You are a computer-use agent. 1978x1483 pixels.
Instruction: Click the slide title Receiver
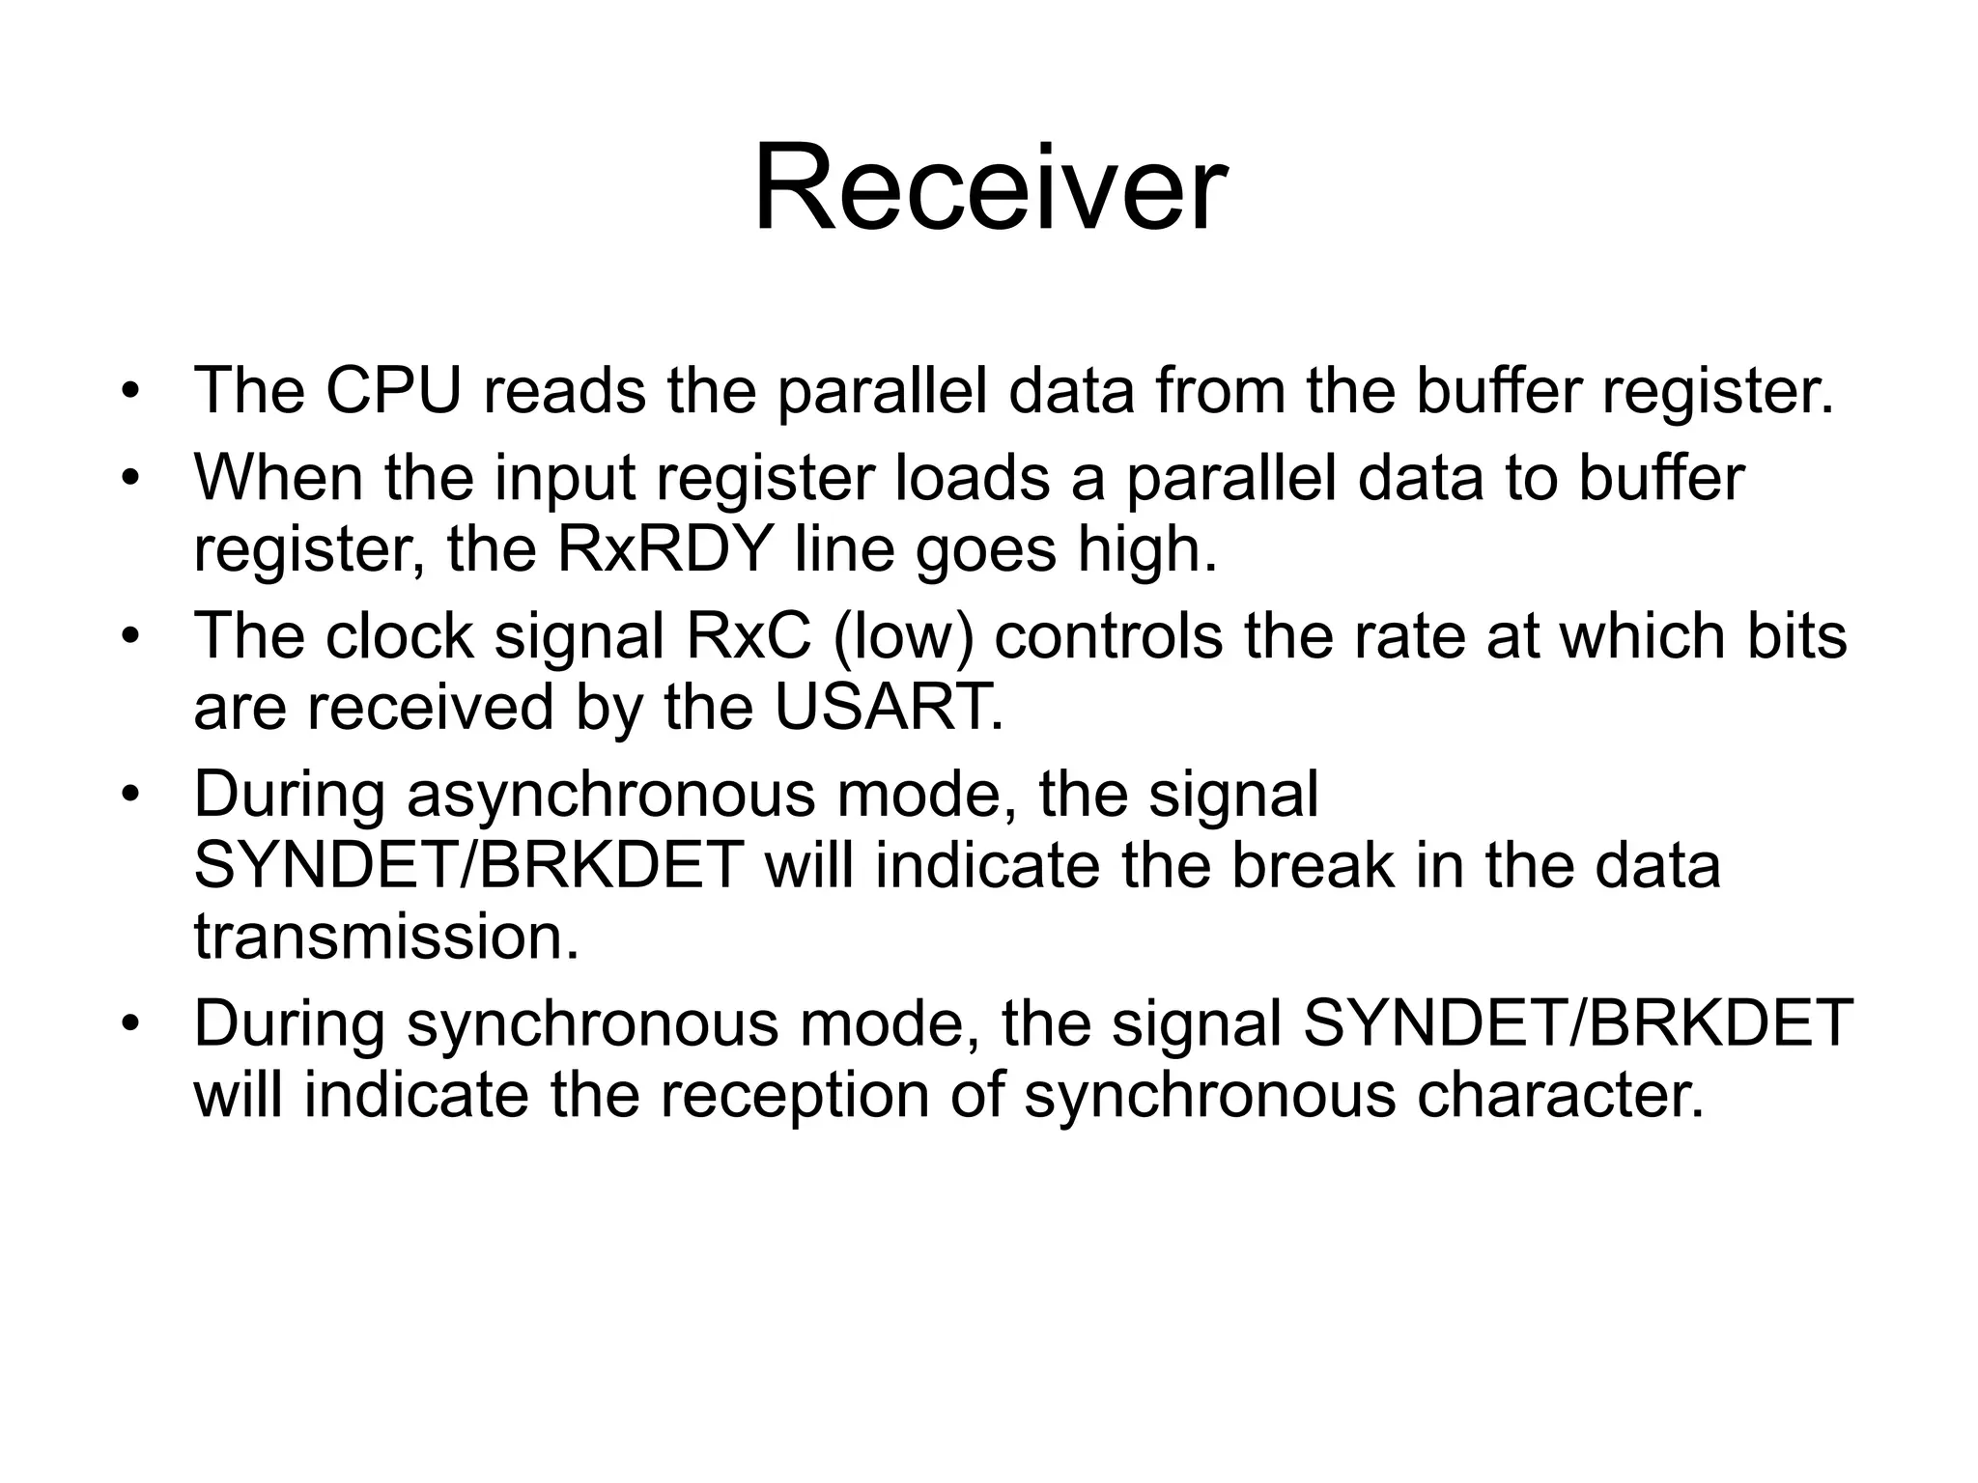click(x=990, y=187)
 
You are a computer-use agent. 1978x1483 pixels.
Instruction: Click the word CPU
click(x=393, y=391)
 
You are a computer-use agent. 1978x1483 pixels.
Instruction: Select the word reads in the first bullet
click(x=564, y=391)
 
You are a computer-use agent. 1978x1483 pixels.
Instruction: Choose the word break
click(x=1313, y=865)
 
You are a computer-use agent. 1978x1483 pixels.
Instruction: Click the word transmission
click(x=386, y=937)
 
